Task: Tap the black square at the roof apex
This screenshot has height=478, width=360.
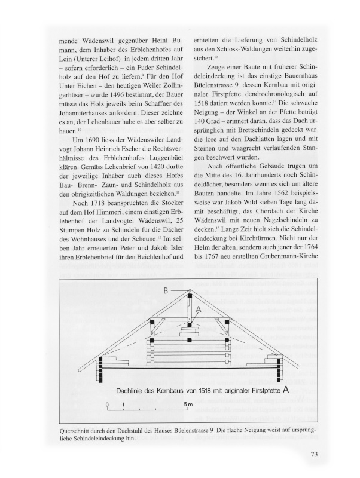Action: [190, 296]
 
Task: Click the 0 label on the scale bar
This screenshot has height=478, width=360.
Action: [108, 405]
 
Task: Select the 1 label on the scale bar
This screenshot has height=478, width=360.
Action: [123, 405]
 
